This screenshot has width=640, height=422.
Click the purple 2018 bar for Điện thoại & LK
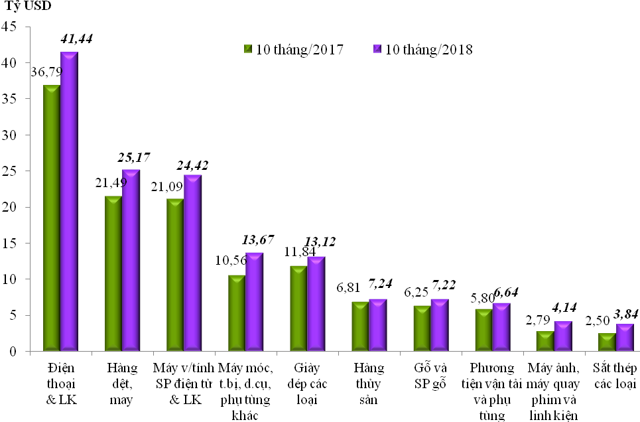69,199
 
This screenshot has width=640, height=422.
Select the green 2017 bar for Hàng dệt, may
113,272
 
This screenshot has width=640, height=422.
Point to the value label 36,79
49,72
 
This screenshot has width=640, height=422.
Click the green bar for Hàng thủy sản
360,325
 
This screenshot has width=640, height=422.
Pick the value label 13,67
257,239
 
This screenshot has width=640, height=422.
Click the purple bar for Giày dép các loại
316,303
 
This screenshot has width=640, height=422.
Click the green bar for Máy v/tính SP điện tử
175,273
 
